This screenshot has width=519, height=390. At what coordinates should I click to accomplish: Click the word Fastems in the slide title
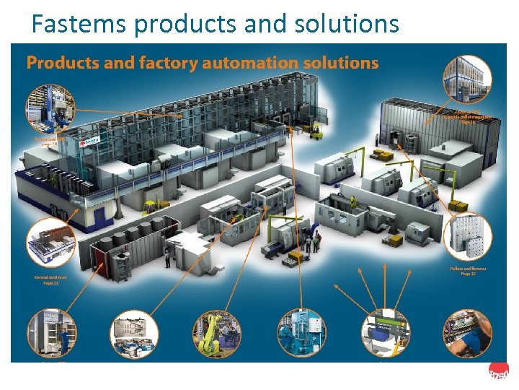click(79, 25)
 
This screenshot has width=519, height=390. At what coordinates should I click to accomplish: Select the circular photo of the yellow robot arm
click(216, 334)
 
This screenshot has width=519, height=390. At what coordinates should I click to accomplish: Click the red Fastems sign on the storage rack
click(89, 142)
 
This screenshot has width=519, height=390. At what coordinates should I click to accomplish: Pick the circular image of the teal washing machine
click(302, 333)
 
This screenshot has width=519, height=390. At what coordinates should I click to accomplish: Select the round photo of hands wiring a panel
click(466, 334)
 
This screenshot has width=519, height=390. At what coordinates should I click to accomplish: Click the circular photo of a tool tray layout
click(133, 334)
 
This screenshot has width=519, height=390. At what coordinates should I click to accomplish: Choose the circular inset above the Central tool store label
click(50, 243)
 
